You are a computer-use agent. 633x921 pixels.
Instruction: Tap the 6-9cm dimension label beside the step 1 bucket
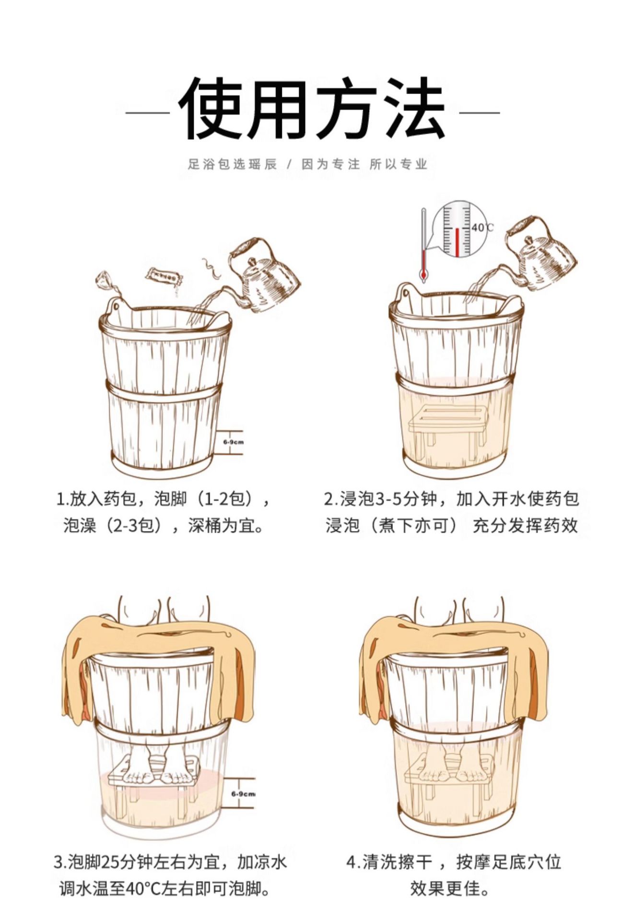point(234,442)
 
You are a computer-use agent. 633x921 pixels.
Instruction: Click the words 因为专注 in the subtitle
point(330,164)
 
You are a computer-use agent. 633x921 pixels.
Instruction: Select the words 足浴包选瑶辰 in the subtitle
point(233,164)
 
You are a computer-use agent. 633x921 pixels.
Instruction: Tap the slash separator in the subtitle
point(289,164)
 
